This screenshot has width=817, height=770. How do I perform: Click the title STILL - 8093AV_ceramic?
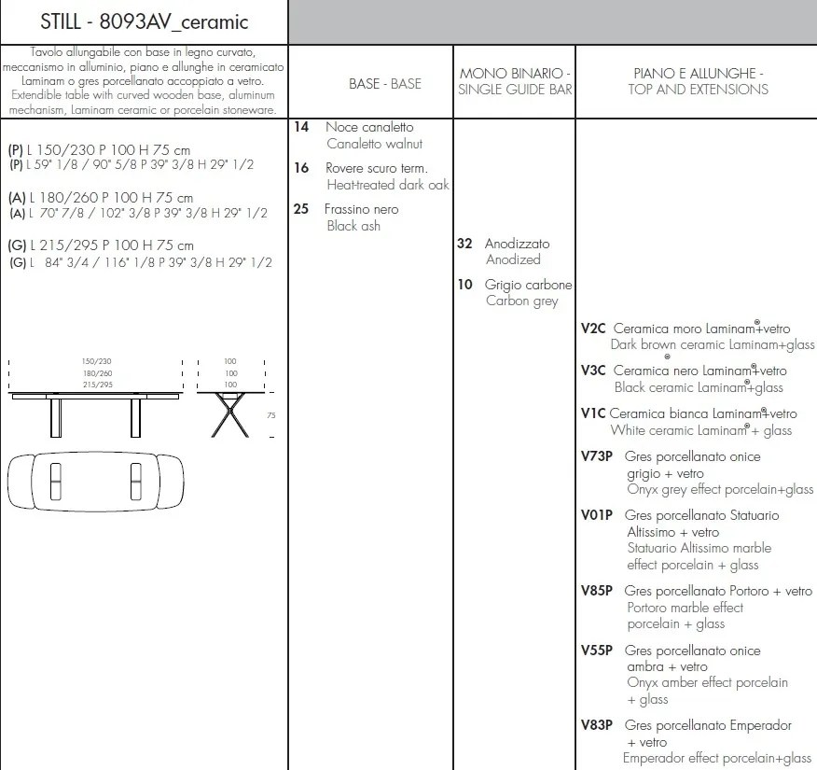coord(144,21)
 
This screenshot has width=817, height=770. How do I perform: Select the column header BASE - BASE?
coord(384,83)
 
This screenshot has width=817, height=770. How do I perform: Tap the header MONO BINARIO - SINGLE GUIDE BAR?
coord(515,81)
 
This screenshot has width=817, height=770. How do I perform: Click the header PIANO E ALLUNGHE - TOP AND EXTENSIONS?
coord(699,81)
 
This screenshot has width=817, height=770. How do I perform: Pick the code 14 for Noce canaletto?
coord(300,126)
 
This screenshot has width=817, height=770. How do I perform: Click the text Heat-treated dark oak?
coord(388,185)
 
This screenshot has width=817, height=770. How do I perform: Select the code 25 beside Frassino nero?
coord(300,209)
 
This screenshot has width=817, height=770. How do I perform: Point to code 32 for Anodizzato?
coord(464,243)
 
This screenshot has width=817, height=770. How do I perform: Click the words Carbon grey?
coord(521,301)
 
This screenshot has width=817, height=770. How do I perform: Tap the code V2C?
coord(593,329)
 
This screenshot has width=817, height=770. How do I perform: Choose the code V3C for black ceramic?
coord(593,371)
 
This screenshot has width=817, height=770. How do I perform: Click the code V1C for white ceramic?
coord(593,413)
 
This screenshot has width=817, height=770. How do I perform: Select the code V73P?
coord(597,456)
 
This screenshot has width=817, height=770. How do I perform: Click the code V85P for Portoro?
coord(597,591)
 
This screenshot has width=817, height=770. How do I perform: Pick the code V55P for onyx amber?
coord(597,651)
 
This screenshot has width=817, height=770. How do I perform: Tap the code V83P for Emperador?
coord(597,725)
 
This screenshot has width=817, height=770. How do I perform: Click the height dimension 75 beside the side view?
coord(271,415)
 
